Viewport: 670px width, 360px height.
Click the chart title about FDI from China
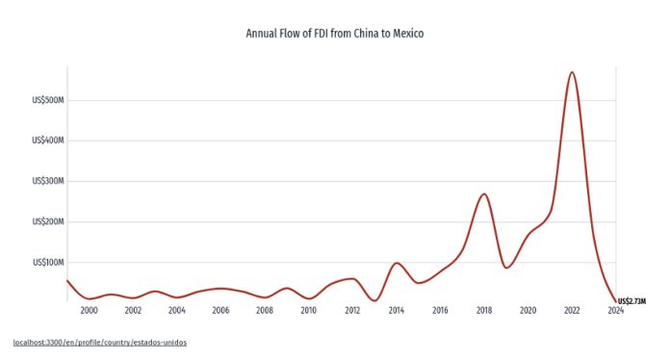pos(335,34)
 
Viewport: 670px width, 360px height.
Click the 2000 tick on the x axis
pos(90,311)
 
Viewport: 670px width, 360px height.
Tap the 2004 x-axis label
pos(177,311)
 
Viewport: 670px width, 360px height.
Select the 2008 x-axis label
pos(265,311)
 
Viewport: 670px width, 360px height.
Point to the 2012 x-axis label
pos(352,311)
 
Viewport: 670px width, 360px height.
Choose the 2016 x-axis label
pos(440,311)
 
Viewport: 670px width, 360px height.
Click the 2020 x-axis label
pos(528,311)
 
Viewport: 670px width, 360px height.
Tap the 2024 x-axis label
pos(615,311)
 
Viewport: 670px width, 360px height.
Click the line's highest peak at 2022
pos(572,72)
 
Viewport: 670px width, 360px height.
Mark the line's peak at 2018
pos(484,193)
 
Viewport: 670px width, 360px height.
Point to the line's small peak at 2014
pos(397,263)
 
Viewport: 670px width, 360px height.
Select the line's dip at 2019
pos(506,267)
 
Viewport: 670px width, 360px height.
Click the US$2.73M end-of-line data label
pos(631,301)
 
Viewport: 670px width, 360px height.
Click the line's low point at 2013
pos(374,300)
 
